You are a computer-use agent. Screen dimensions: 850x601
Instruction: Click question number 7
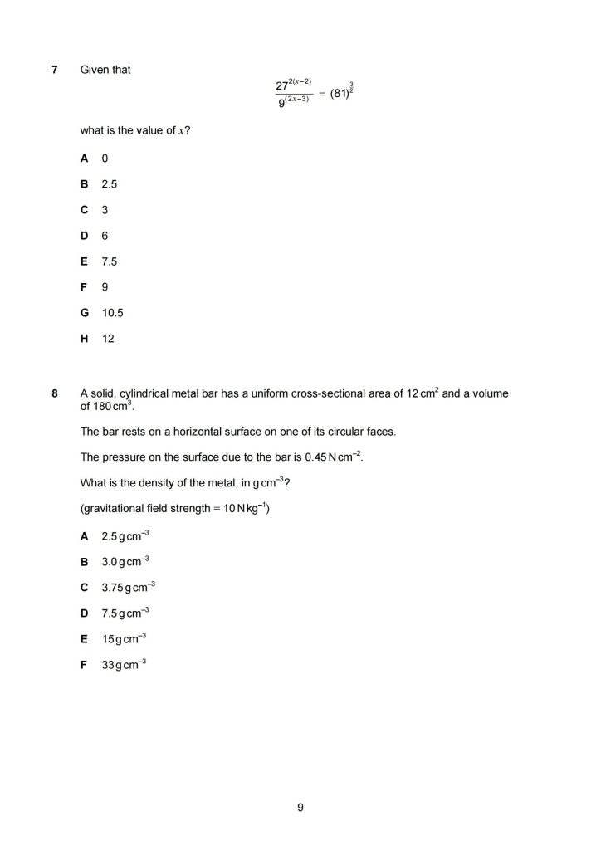click(x=54, y=70)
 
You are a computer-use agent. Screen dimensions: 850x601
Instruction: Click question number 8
click(x=54, y=393)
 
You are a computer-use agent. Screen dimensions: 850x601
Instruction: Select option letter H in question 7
click(x=84, y=339)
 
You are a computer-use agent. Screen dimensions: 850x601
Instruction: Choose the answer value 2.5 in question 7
click(x=109, y=183)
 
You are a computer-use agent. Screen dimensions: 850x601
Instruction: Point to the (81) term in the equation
click(x=339, y=94)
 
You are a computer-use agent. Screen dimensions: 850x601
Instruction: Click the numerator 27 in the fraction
click(x=281, y=86)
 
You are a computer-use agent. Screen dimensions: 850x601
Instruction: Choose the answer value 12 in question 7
click(x=108, y=339)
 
